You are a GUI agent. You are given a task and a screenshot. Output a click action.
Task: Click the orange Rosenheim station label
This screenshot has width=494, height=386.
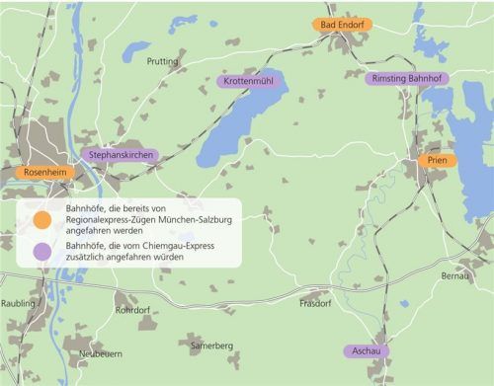click(44, 172)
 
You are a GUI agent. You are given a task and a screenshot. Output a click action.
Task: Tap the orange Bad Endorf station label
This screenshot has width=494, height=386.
click(340, 25)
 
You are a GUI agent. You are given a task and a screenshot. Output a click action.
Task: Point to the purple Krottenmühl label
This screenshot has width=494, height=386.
click(249, 81)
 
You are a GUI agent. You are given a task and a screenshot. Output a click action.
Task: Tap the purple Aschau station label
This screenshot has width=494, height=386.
click(366, 350)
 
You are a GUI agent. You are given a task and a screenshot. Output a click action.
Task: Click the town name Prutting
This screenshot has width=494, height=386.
click(162, 61)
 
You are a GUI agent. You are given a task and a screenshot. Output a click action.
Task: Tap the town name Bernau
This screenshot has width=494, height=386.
click(457, 275)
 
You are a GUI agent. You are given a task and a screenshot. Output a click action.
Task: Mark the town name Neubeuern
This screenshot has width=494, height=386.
click(100, 353)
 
